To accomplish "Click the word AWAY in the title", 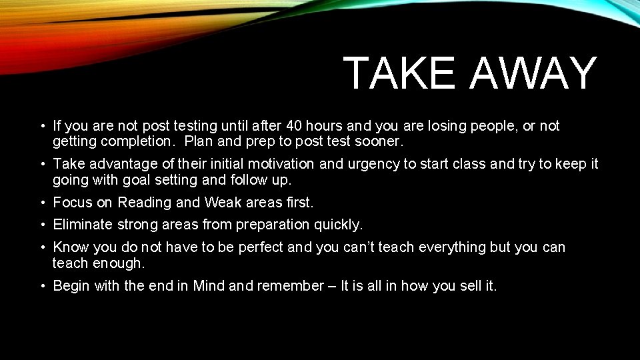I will coord(533,73).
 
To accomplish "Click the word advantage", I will coord(117,164).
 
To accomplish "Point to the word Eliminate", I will coord(83,225).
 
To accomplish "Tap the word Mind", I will coord(209,286).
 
